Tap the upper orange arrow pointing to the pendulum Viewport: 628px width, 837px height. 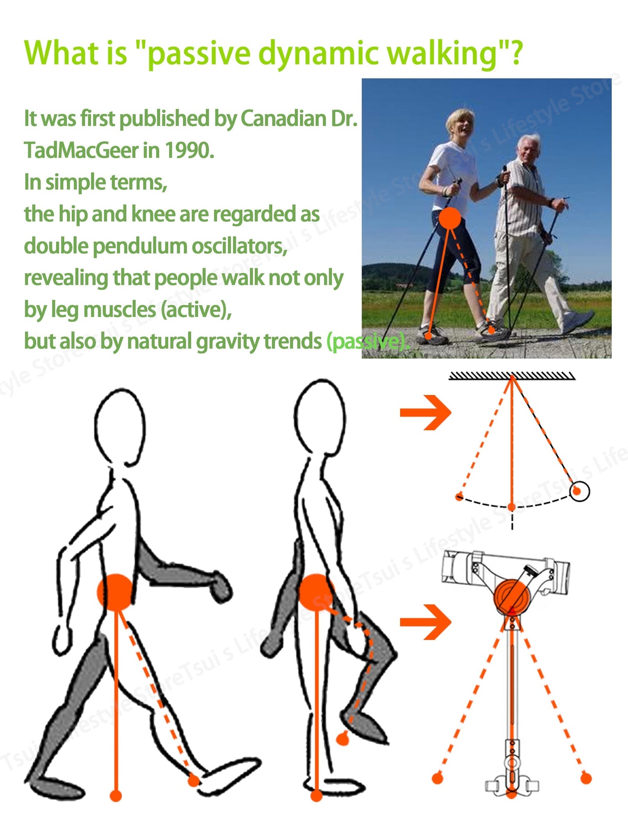(425, 412)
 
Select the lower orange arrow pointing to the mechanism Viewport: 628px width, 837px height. (425, 622)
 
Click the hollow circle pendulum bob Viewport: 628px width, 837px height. (580, 491)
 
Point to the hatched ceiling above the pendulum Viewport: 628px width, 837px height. (512, 376)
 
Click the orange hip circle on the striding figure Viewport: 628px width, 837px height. (116, 592)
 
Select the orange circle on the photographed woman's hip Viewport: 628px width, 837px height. (449, 218)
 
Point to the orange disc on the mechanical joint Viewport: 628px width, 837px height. (512, 596)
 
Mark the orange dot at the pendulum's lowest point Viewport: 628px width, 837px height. (511, 507)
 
